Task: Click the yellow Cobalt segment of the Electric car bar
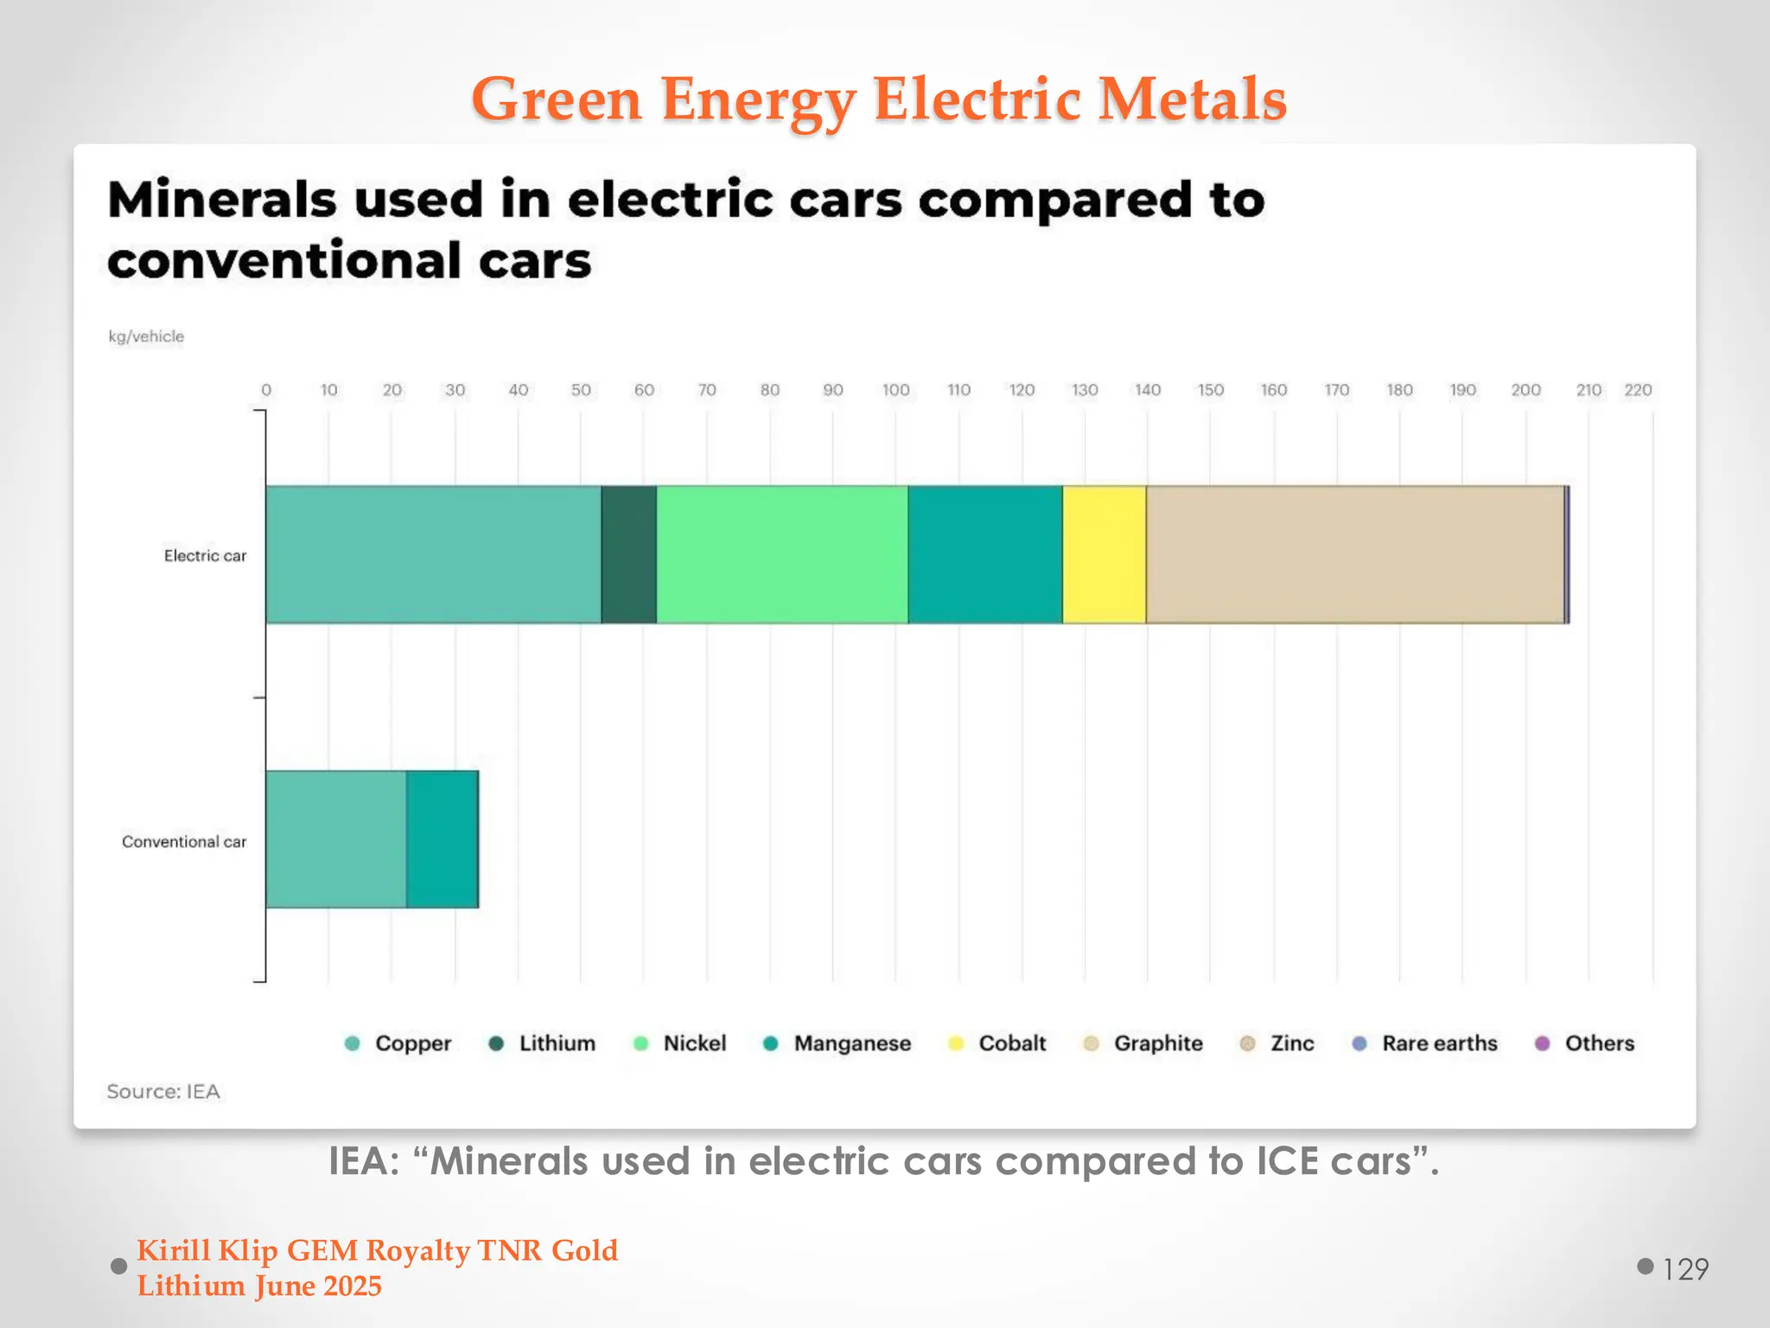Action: [x=1104, y=554]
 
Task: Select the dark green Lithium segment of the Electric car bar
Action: [x=628, y=554]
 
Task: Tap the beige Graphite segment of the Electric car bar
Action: [x=1354, y=554]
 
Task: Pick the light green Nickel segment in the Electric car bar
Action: [x=781, y=554]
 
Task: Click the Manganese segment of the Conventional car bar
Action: [x=442, y=839]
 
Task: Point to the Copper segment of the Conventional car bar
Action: [x=335, y=839]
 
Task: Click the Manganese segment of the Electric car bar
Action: [x=984, y=554]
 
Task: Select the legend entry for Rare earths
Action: [x=1438, y=1044]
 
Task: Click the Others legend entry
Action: [x=1598, y=1044]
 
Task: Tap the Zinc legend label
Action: [x=1291, y=1044]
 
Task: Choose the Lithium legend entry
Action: [x=556, y=1044]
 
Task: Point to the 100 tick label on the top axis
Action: [x=895, y=390]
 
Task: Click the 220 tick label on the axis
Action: [x=1637, y=390]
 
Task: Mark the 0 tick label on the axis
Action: [x=266, y=390]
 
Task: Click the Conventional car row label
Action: [x=184, y=841]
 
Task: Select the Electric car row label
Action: [x=205, y=556]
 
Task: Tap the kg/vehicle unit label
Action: [x=146, y=336]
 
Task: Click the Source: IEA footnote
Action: [x=163, y=1091]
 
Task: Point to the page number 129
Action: [x=1684, y=1268]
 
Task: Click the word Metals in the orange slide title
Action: [x=1192, y=99]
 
